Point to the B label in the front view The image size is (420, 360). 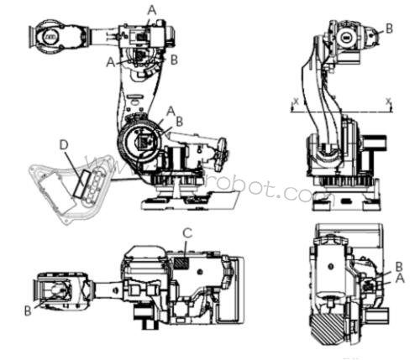tap(388, 27)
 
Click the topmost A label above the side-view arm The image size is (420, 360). tap(151, 8)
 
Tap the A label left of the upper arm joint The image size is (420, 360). tap(112, 60)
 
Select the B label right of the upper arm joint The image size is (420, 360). tap(174, 60)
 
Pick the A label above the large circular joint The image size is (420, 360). tap(171, 110)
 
